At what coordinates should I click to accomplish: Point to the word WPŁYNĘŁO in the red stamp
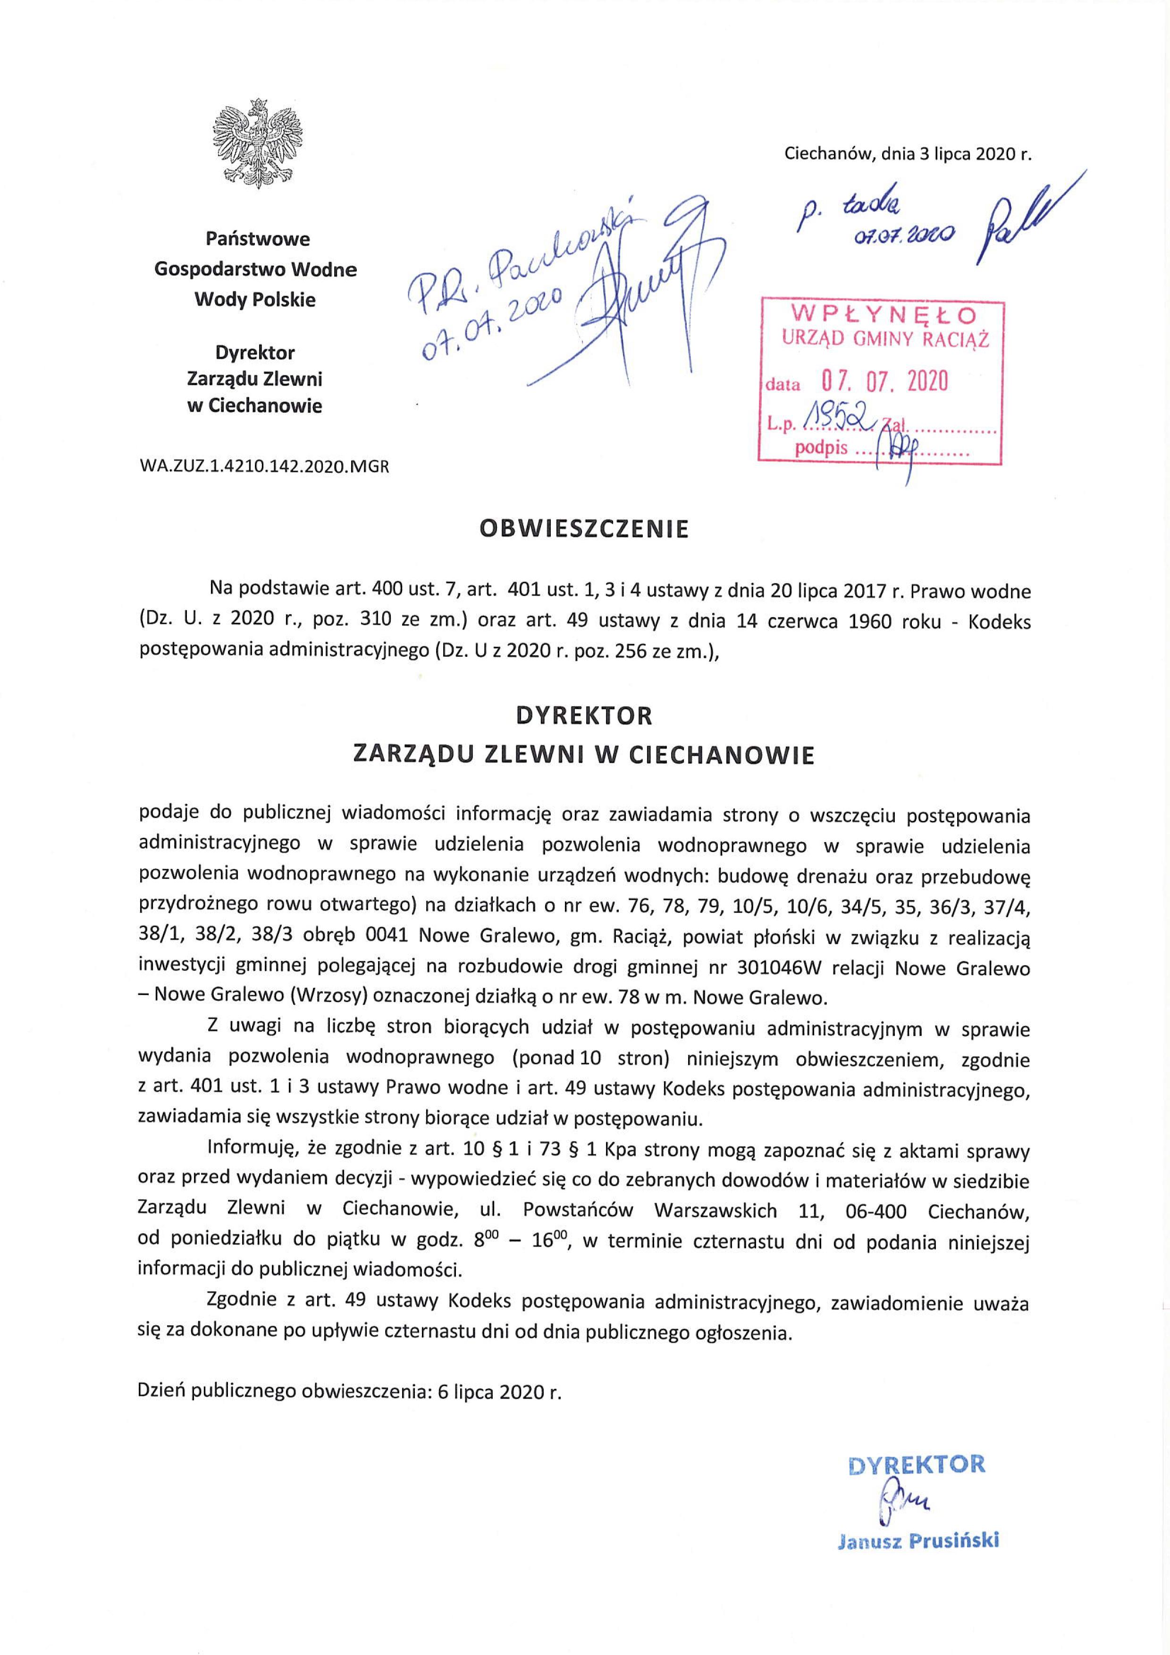point(884,315)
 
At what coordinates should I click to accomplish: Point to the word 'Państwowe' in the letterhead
point(257,238)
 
